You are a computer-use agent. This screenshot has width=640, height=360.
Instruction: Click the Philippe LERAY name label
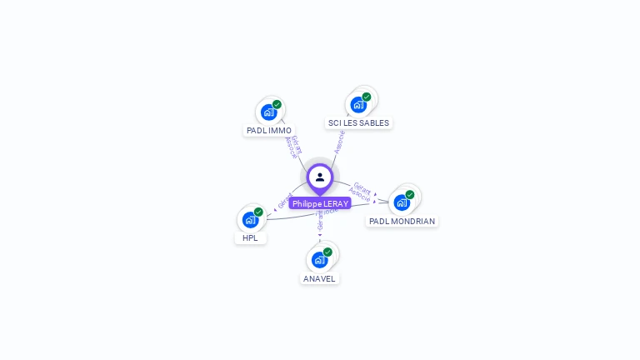pos(320,203)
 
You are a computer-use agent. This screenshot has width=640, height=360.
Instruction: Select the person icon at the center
pos(320,177)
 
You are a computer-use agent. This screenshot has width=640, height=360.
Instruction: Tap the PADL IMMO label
pos(269,131)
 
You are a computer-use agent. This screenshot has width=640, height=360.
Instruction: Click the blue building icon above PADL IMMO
pos(268,112)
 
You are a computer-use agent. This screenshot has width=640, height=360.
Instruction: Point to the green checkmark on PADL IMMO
pos(277,104)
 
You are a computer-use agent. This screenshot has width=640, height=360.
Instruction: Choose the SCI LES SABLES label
pos(358,122)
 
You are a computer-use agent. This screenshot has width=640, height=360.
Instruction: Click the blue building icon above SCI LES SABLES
pos(358,104)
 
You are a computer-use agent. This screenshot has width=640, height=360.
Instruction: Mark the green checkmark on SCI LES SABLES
pos(367,97)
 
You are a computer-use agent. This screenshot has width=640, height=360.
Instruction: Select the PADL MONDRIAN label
pos(402,222)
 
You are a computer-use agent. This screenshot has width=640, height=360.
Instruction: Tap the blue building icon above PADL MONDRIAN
pos(402,202)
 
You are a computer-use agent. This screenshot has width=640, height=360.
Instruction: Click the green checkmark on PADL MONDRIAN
pos(410,195)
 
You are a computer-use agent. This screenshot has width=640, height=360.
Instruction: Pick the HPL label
pos(250,237)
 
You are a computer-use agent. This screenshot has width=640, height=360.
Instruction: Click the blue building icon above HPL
pos(250,219)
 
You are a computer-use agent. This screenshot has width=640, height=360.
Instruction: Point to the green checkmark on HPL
pos(258,212)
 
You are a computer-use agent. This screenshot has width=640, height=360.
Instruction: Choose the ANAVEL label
pos(320,278)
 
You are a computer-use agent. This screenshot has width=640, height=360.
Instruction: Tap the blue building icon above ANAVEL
pos(319,259)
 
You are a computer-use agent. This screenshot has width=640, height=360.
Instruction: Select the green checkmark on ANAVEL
pos(327,252)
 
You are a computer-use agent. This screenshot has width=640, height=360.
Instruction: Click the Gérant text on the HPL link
pos(284,201)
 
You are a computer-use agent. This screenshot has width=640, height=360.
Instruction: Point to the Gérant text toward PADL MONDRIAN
pos(362,187)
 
